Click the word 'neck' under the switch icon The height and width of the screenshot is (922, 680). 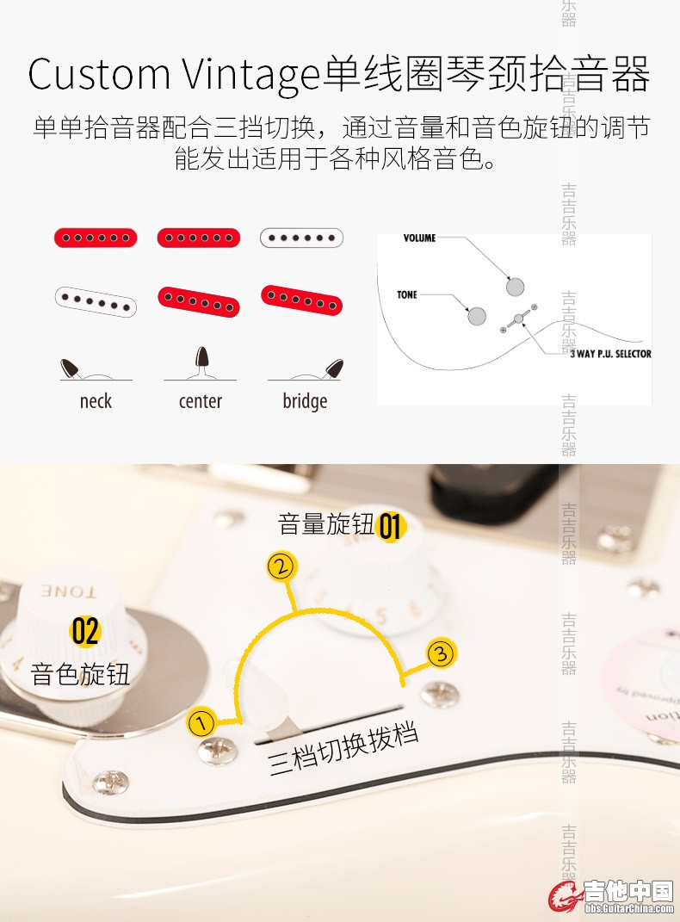coord(96,401)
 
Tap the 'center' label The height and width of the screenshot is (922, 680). coord(201,401)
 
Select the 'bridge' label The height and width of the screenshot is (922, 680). coord(305,402)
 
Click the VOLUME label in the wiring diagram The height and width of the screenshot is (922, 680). coord(419,238)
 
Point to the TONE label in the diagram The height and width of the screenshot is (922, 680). coord(406,294)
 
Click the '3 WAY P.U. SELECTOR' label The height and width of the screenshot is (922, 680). coord(610,354)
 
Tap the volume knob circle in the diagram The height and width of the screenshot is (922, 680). coord(515,287)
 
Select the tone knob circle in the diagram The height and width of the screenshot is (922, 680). coord(477,316)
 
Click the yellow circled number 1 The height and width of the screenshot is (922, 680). coord(201,722)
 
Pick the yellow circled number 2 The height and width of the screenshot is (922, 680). coord(281,566)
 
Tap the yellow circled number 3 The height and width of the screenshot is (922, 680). coord(440,653)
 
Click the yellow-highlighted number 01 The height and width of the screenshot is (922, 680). coord(390,526)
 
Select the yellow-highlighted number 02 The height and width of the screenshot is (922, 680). coord(86,631)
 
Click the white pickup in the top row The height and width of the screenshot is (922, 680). coord(301,238)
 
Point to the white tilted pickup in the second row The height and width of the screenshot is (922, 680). coord(96,301)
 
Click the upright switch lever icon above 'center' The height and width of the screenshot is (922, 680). coord(201,361)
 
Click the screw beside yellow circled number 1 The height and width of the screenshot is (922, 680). coord(218,751)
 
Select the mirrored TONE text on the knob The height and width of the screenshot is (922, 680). coord(68,591)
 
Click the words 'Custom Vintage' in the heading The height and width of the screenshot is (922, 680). coord(174,75)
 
